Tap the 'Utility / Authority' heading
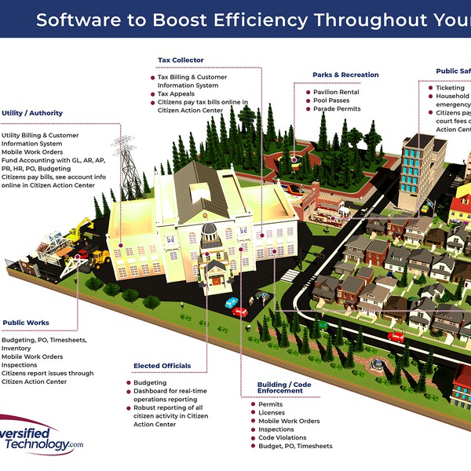(32, 113)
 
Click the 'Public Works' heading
(26, 323)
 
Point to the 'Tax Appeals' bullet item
(176, 94)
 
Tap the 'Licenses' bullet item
(272, 413)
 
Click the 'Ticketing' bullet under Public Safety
(451, 88)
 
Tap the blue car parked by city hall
(231, 302)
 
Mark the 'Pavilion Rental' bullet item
(337, 91)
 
